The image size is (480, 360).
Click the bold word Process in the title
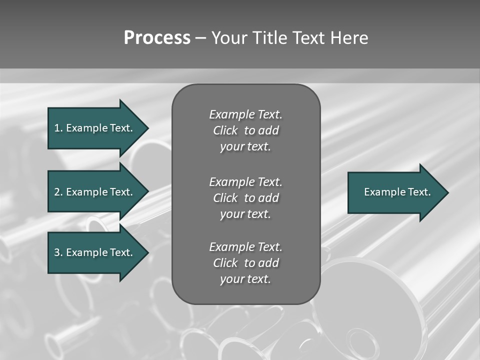coord(157,38)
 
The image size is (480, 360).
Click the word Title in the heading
coord(269,38)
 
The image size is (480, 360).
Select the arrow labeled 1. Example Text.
coord(95,128)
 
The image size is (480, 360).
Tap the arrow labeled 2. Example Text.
coord(95,192)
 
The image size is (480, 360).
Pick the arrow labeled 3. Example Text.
coord(95,252)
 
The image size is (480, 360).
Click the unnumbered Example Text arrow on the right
coord(397,192)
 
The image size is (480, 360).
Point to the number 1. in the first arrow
coord(58,128)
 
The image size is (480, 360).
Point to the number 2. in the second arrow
coord(58,192)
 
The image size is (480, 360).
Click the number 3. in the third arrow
coord(58,252)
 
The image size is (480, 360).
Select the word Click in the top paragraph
coord(225,130)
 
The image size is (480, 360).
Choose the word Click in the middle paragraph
coord(225,198)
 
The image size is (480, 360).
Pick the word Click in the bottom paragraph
coord(225,263)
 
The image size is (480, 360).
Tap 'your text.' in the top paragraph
coord(245,147)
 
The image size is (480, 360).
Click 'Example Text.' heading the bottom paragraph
coord(245,247)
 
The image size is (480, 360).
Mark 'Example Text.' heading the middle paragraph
coord(245,181)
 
